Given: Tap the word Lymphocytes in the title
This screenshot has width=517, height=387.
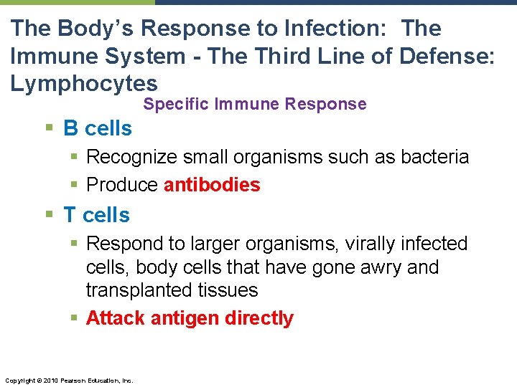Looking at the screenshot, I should tap(84, 82).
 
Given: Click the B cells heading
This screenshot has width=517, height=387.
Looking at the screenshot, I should tap(98, 128).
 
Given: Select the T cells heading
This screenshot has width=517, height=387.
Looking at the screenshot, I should tap(96, 215).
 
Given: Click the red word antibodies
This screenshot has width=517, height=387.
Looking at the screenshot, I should tap(212, 185).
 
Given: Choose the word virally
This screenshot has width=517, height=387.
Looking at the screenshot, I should tap(375, 244).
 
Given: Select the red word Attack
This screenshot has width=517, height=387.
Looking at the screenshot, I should tap(116, 318).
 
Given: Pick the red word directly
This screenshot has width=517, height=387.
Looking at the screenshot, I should tap(259, 318).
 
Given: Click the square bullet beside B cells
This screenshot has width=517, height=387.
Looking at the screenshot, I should tap(48, 128).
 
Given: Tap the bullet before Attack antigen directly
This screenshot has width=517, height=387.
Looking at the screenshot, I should tap(75, 318).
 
